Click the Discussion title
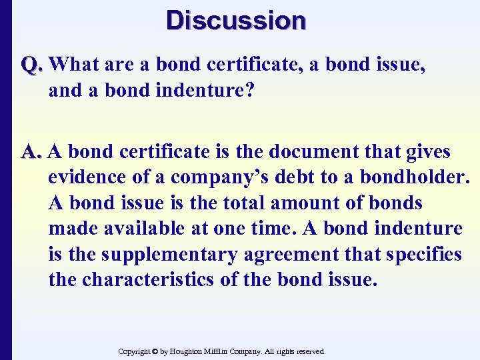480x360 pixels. click(x=237, y=20)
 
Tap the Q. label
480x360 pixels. click(x=33, y=65)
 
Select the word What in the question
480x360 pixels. click(x=75, y=65)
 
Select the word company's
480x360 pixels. click(x=223, y=178)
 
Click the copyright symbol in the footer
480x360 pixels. click(x=154, y=351)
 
